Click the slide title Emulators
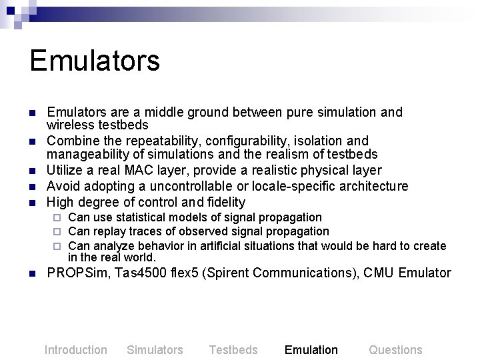[95, 60]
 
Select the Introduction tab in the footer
[75, 350]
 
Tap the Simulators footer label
[155, 350]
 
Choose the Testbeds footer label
[233, 350]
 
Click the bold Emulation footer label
[311, 350]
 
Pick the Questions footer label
[395, 350]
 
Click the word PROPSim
[74, 273]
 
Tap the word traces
[145, 231]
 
